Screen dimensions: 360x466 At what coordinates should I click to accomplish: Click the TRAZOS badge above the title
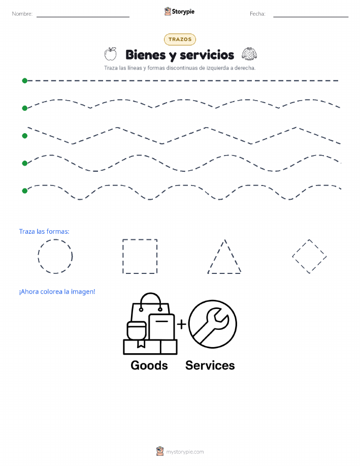click(x=180, y=39)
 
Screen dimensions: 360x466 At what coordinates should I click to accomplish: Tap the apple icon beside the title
click(x=111, y=54)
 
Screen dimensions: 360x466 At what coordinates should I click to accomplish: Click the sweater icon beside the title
click(x=249, y=54)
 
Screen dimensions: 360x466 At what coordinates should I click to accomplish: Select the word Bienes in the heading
click(x=146, y=55)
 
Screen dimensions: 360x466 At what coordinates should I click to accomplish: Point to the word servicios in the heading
click(x=207, y=55)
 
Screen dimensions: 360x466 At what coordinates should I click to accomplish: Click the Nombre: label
click(x=22, y=14)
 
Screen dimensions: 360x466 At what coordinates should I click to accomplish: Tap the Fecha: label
click(x=257, y=14)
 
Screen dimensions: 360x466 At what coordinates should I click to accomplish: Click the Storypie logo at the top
click(x=179, y=12)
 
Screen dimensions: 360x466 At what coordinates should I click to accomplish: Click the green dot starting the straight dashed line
click(x=25, y=80)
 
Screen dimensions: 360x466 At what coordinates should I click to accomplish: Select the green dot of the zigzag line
click(x=25, y=136)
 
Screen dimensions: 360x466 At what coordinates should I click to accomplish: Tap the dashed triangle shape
click(x=216, y=256)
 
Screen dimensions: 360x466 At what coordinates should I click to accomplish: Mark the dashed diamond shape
click(x=301, y=248)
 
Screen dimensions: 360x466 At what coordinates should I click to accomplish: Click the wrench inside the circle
click(x=212, y=325)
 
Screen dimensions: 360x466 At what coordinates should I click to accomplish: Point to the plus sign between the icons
click(x=181, y=324)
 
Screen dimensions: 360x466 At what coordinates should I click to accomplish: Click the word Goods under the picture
click(x=149, y=365)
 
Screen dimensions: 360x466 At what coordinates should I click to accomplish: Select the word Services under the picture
click(x=210, y=365)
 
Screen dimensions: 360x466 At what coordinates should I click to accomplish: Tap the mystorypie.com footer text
click(x=185, y=452)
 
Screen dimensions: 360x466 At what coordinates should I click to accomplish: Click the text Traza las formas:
click(x=44, y=232)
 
